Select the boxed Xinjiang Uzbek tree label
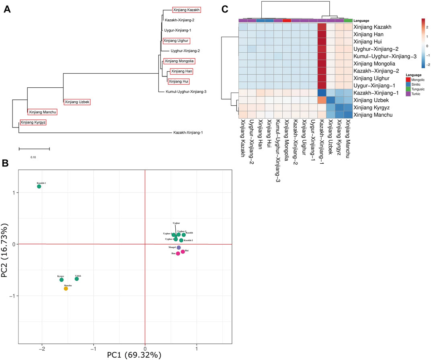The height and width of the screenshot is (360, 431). tap(77, 102)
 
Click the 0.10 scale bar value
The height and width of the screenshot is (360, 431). tap(33, 157)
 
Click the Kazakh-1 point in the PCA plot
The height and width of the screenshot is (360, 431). tap(39, 186)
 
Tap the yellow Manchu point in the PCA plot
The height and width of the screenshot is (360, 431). tap(66, 288)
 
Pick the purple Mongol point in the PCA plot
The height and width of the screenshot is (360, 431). tap(179, 247)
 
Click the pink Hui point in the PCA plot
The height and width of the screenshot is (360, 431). tap(183, 252)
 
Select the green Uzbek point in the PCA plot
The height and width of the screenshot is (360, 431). tap(77, 279)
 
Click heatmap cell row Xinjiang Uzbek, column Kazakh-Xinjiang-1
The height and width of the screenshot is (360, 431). tap(322, 99)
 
